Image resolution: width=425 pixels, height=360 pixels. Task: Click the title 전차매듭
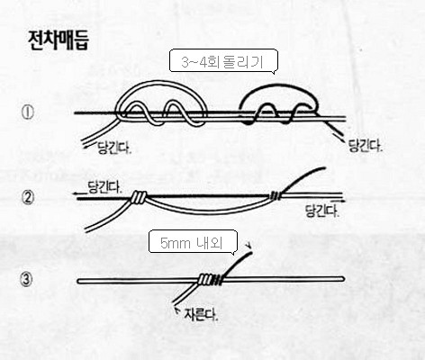(59, 40)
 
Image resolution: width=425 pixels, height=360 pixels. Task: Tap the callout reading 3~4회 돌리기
(223, 61)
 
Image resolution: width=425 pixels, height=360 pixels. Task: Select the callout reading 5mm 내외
(193, 242)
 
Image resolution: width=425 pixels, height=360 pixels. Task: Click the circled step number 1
(27, 112)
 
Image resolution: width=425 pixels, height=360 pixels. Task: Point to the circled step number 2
(27, 198)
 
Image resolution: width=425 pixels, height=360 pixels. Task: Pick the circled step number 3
(26, 280)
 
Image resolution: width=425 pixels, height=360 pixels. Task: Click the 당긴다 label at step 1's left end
(115, 148)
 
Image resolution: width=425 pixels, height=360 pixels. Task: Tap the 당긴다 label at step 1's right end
(366, 146)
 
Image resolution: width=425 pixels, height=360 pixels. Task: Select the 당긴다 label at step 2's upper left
(104, 187)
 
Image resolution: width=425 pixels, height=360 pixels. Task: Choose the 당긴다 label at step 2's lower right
(322, 211)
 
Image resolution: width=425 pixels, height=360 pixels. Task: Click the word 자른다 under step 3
(201, 315)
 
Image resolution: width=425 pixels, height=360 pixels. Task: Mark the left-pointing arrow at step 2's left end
(80, 194)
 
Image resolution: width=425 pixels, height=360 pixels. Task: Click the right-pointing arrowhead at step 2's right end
(343, 201)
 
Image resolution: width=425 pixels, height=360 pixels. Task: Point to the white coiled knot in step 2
(139, 197)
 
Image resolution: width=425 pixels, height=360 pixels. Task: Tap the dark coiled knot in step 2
(276, 195)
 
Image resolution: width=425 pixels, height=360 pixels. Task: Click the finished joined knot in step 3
(211, 280)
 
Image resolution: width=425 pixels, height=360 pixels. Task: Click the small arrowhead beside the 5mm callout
(248, 246)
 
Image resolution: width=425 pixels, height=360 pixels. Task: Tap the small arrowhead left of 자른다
(177, 310)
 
